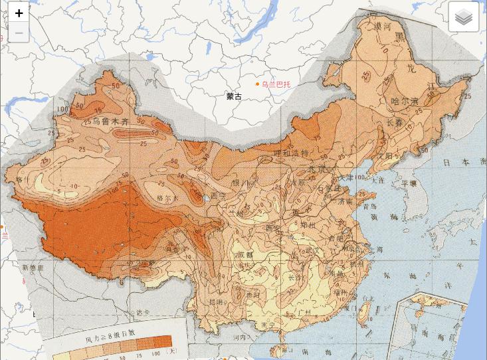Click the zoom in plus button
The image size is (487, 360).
click(19, 13)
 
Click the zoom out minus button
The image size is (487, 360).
click(19, 33)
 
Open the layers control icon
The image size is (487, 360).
click(463, 17)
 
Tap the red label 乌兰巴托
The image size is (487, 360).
click(276, 84)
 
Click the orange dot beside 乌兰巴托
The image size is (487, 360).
click(257, 84)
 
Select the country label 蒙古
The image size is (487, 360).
click(234, 96)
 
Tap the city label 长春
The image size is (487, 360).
click(394, 123)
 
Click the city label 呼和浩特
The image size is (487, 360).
click(291, 153)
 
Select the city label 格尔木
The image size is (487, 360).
click(167, 198)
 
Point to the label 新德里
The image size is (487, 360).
click(32, 268)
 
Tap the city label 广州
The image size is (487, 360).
click(306, 312)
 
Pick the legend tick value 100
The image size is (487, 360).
click(155, 354)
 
